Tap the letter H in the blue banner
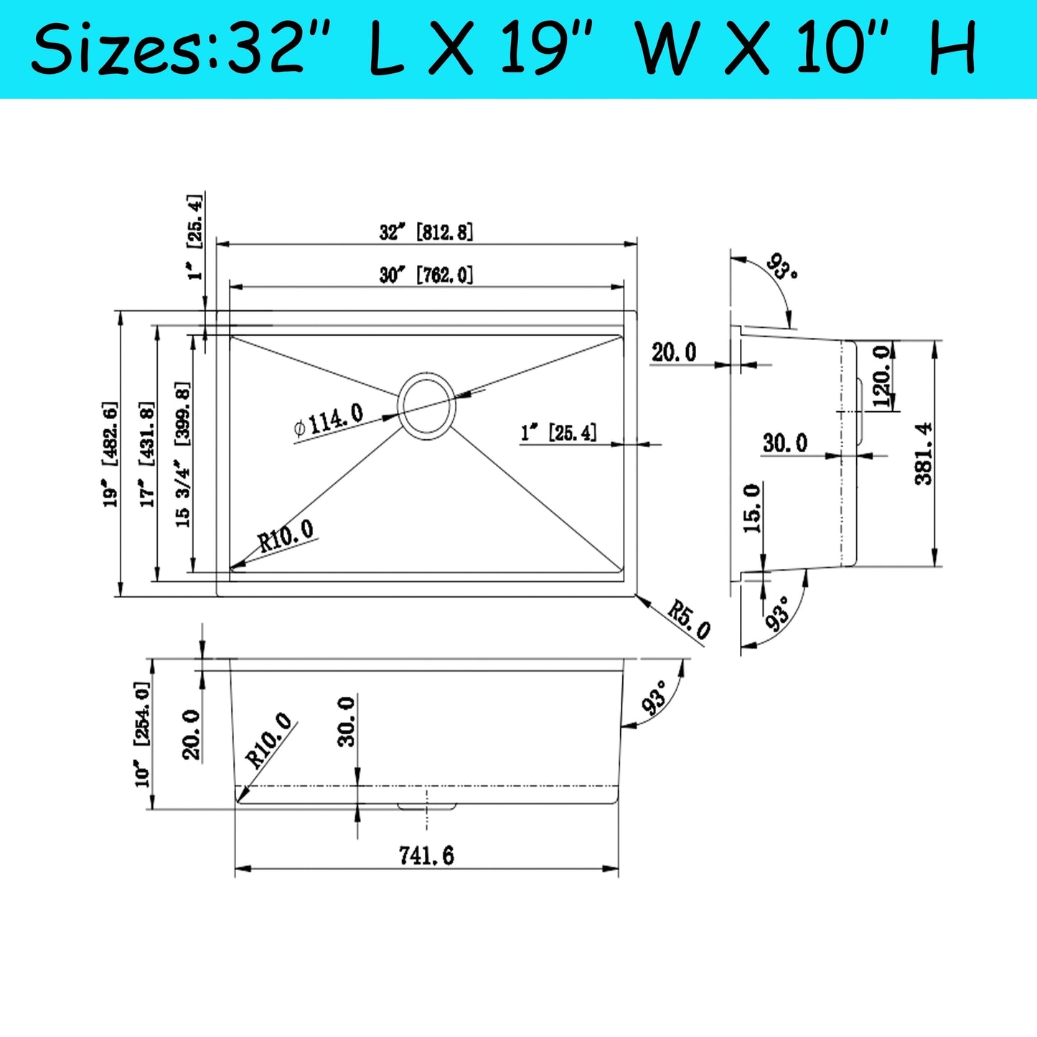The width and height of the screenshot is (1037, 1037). [954, 49]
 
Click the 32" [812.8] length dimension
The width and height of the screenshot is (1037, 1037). [426, 232]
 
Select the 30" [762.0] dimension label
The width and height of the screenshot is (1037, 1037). [426, 274]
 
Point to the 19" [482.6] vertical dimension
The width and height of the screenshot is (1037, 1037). [110, 454]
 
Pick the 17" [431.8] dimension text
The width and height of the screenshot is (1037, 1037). [146, 454]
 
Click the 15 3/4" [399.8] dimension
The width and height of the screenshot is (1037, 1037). [183, 454]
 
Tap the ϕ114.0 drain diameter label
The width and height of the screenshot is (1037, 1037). [329, 420]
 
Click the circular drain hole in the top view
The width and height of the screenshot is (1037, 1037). [427, 405]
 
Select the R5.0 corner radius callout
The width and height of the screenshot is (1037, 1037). [688, 619]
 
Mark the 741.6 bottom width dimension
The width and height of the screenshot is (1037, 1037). [426, 855]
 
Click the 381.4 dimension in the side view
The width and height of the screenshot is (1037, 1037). [924, 454]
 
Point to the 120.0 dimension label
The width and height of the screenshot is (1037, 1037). [882, 375]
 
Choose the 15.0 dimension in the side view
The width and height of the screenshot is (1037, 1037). [751, 508]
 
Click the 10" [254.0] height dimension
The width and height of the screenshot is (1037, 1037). [142, 733]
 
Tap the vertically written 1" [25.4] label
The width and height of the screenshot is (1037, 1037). [194, 237]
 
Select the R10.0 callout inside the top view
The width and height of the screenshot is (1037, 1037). [286, 535]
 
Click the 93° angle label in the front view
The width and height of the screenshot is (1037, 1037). [655, 698]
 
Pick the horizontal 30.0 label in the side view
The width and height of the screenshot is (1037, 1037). [784, 443]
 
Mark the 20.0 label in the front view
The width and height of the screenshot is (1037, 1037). [191, 734]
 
